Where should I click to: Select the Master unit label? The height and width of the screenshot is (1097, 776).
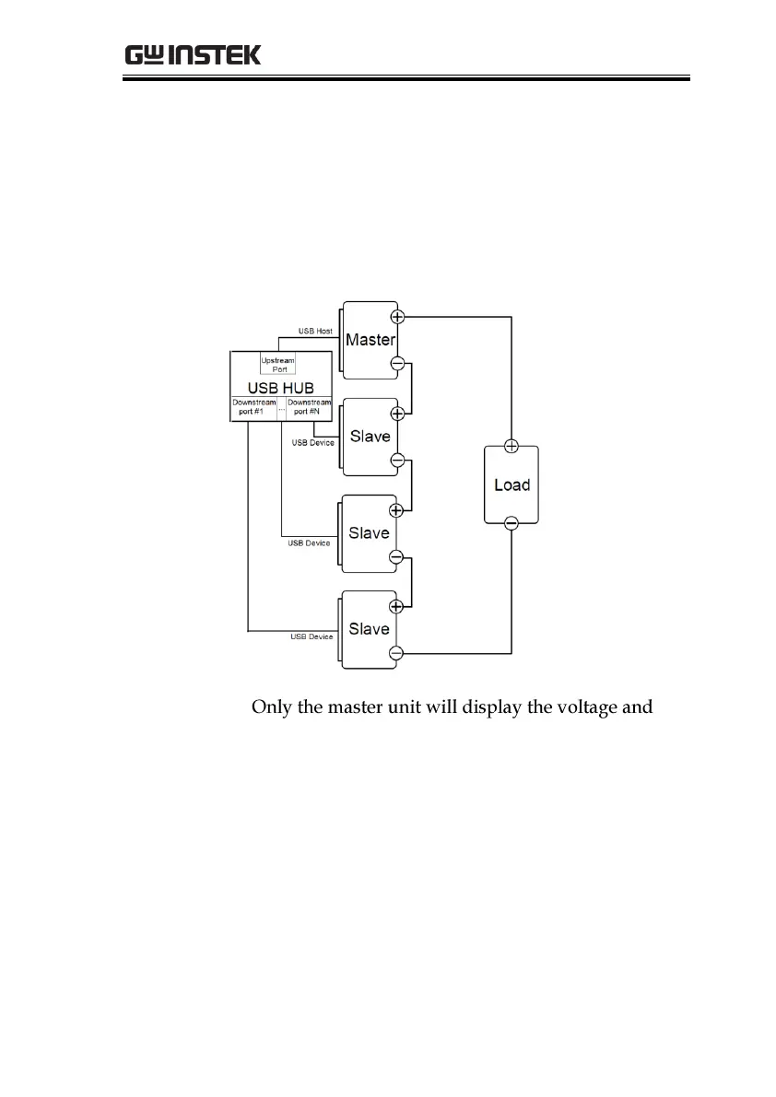click(370, 340)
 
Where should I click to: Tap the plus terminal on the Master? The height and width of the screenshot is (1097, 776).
click(397, 317)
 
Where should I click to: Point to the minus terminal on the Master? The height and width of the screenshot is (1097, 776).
click(397, 364)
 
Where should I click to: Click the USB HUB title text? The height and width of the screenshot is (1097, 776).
click(280, 388)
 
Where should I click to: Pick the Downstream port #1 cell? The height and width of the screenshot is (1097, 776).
click(252, 408)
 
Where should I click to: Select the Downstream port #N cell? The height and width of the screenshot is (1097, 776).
click(308, 408)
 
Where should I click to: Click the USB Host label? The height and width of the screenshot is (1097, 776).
click(314, 330)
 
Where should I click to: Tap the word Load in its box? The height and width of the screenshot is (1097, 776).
click(511, 484)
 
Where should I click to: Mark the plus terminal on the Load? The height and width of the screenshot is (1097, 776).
click(511, 447)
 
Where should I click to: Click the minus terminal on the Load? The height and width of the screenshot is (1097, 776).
click(511, 523)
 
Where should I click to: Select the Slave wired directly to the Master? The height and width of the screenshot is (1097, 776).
click(370, 437)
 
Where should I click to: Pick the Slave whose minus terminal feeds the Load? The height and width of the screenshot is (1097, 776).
click(370, 629)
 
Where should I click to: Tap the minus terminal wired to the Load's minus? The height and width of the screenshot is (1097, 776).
click(397, 653)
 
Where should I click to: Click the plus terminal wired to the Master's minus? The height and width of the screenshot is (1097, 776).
click(397, 414)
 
